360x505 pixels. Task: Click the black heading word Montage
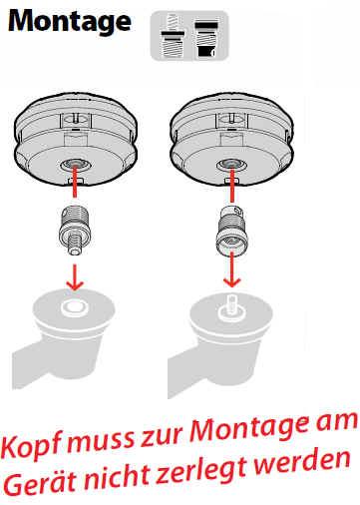click(x=70, y=22)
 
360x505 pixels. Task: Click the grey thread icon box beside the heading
click(x=189, y=36)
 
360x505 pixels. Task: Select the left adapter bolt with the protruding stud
click(x=75, y=231)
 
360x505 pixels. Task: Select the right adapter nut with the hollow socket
click(x=231, y=231)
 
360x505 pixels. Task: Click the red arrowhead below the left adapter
click(x=75, y=283)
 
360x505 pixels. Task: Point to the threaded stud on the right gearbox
click(x=231, y=305)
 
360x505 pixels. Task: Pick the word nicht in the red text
click(x=119, y=476)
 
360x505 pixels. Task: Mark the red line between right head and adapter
click(x=231, y=185)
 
